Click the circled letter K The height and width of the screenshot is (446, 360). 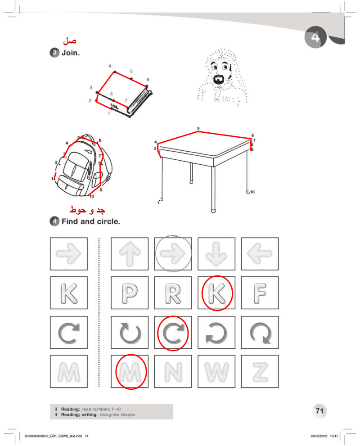217,293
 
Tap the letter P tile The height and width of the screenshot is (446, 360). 130,293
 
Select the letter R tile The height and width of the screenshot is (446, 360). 173,293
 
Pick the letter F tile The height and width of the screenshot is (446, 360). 260,293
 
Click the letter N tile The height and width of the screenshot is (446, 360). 173,371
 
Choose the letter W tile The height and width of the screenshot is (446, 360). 217,371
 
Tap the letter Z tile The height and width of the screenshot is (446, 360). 260,371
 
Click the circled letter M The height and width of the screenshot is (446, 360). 130,371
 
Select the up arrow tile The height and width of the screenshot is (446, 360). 130,254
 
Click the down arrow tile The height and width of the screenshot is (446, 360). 217,254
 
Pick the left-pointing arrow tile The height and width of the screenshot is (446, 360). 260,254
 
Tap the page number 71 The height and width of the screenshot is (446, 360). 319,411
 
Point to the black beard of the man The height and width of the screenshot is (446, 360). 219,79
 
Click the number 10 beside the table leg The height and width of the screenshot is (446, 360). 252,192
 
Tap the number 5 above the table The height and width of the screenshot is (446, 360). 198,129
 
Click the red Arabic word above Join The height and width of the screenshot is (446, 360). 70,41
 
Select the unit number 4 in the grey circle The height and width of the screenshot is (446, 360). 315,37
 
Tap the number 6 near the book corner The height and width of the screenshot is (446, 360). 148,80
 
